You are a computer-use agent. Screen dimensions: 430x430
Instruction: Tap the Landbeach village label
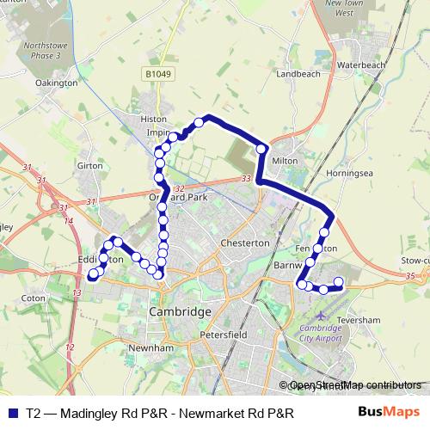298,74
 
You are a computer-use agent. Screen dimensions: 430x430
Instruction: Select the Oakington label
57,83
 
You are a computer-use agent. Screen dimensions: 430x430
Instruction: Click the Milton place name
284,160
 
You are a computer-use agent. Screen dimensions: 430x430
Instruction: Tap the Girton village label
89,165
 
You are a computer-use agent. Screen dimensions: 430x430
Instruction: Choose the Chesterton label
245,243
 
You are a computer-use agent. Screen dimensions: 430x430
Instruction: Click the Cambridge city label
180,310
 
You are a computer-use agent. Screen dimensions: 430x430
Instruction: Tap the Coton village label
34,298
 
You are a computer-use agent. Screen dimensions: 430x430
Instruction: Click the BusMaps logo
389,412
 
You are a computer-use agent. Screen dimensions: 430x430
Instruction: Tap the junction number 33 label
248,179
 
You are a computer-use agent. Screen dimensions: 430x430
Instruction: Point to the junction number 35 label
410,275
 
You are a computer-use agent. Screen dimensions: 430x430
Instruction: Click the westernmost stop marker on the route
94,274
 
